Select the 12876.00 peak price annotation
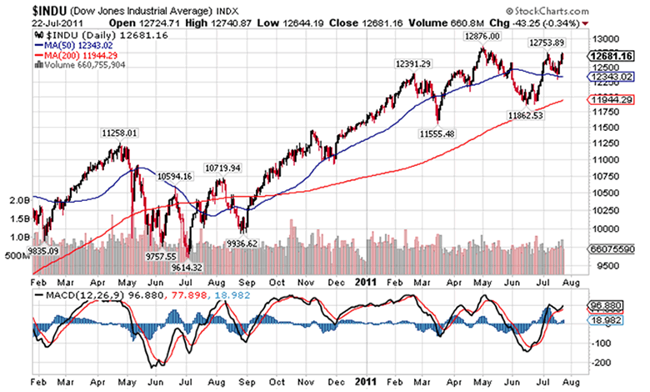tap(484, 37)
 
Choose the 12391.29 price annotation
tap(413, 64)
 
